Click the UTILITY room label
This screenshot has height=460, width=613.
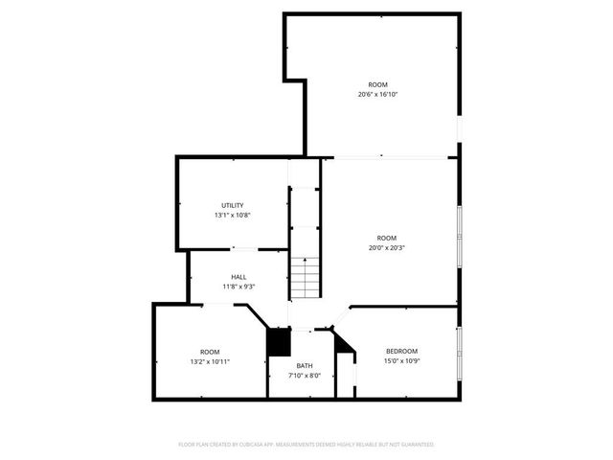coord(233,205)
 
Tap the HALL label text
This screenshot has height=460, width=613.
coord(238,277)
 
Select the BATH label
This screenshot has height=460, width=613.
coord(304,365)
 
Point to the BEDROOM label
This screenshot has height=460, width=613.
coord(401,351)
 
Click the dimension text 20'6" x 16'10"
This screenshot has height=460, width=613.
coord(378,94)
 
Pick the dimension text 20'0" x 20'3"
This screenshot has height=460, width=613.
coord(386,247)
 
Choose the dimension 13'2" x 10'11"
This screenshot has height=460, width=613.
coord(210,361)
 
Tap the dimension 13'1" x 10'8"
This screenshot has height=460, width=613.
coord(233,215)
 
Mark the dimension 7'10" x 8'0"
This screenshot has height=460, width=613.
coord(304,375)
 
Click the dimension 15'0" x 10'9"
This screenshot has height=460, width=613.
coord(401,360)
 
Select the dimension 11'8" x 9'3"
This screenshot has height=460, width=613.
coord(238,287)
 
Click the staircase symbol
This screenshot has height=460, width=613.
coord(304,277)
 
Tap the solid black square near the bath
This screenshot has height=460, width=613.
coord(278,341)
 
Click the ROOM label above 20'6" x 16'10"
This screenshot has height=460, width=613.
coord(378,84)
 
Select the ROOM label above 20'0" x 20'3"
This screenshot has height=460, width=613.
coord(386,238)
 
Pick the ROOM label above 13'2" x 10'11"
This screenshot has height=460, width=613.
coord(210,352)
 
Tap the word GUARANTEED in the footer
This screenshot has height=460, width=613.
coord(416,445)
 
